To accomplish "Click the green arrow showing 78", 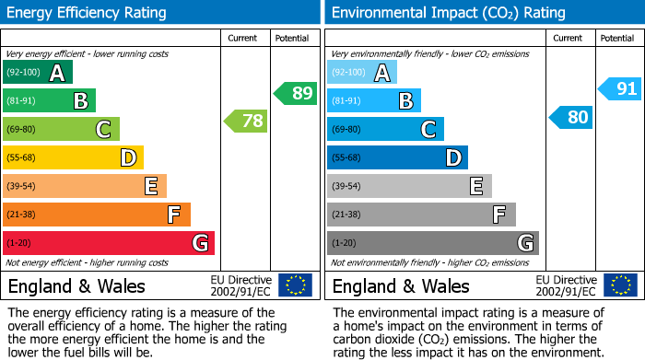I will [245, 121].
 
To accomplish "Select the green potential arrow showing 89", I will [295, 93].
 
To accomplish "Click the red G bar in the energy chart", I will [109, 243].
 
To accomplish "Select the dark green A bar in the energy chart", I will [38, 72].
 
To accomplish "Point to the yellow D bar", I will [74, 157].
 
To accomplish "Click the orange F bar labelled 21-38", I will [97, 215].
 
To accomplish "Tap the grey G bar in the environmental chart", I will [432, 243].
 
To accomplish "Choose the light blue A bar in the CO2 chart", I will [362, 72].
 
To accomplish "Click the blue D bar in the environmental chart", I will [397, 157].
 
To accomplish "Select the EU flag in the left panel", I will [295, 285].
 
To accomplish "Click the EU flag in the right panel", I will [619, 285].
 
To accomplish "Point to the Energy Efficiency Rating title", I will [88, 13].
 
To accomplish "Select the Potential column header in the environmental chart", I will [616, 38].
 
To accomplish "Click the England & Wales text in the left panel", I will [77, 286].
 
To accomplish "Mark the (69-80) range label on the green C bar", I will [22, 129].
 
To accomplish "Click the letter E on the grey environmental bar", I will [475, 186].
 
